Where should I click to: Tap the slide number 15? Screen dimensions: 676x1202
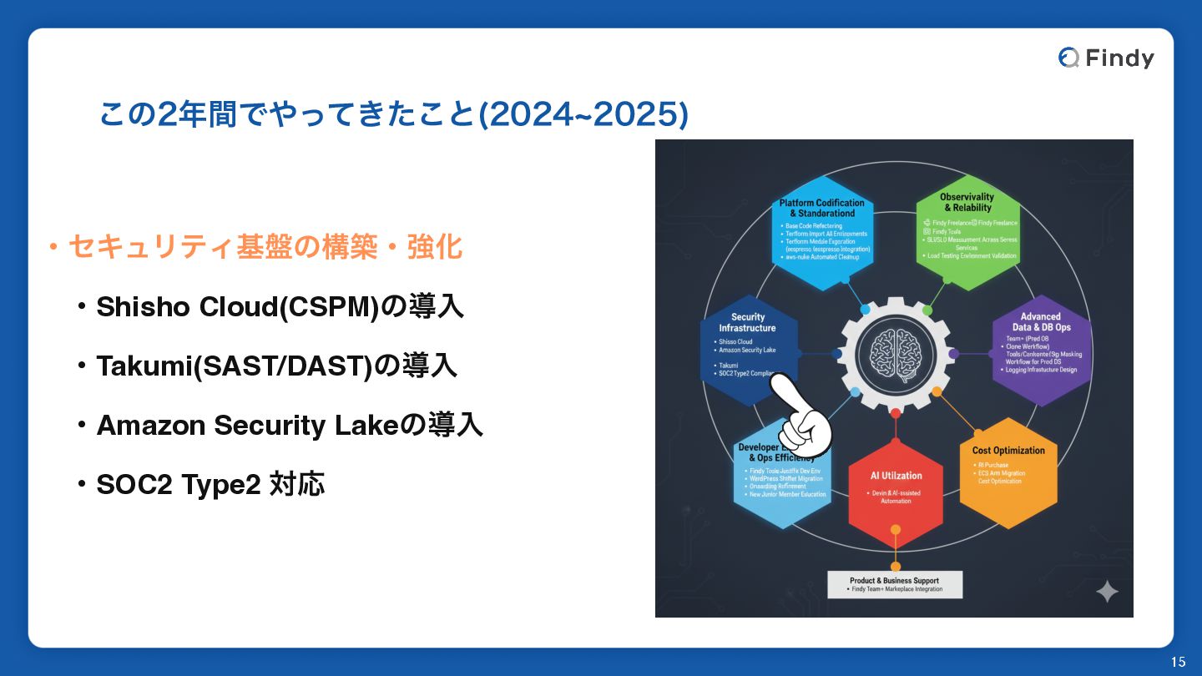(x=1178, y=662)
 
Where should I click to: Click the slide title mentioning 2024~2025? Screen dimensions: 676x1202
(x=393, y=115)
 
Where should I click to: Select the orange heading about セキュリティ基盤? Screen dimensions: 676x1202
(x=264, y=247)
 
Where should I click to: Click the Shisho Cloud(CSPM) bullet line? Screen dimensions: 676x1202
(x=280, y=307)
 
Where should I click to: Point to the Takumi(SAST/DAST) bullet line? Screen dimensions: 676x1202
(x=276, y=366)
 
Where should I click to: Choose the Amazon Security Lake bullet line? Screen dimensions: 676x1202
(x=289, y=426)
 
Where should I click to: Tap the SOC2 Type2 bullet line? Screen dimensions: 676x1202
(x=210, y=484)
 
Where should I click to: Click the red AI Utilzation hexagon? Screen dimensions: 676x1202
(x=896, y=489)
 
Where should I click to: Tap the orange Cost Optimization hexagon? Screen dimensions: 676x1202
(x=1008, y=472)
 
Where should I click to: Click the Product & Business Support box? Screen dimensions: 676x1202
(x=894, y=584)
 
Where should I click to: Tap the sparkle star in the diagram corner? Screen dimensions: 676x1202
(x=1107, y=592)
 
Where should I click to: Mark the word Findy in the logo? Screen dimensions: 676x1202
(x=1119, y=58)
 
